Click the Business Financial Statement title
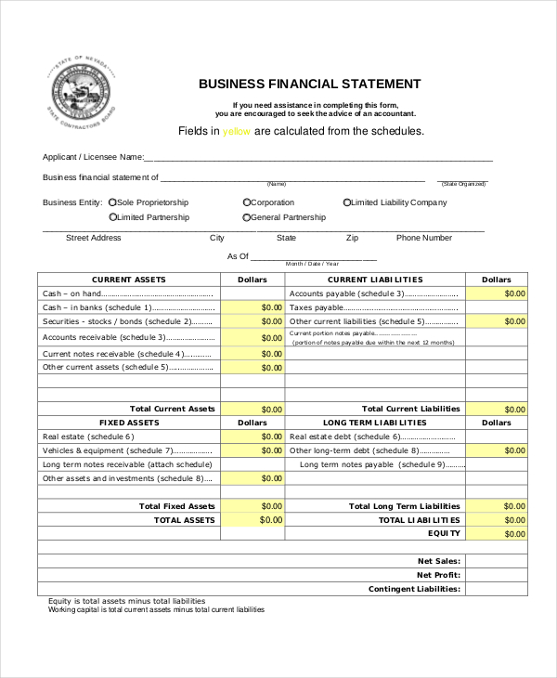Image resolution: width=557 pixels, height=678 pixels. click(x=309, y=84)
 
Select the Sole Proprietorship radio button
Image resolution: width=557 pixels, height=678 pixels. click(x=112, y=202)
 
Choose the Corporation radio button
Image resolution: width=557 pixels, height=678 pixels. click(x=247, y=202)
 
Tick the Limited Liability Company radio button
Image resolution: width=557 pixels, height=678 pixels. click(x=347, y=202)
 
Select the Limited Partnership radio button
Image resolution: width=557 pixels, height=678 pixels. click(x=112, y=217)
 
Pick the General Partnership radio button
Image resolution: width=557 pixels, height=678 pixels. click(x=247, y=217)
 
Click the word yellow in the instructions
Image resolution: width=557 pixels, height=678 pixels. click(x=237, y=131)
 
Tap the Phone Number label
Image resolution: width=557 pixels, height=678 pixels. click(x=424, y=238)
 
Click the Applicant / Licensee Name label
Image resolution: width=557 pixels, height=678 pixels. click(x=94, y=157)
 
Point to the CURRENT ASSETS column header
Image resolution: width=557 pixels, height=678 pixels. click(x=129, y=280)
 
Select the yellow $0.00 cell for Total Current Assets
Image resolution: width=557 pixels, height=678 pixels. click(x=253, y=409)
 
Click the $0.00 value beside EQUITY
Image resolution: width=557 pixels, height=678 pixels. click(x=496, y=534)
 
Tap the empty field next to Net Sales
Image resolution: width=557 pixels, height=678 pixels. click(x=496, y=561)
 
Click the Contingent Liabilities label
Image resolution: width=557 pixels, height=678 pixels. click(x=414, y=589)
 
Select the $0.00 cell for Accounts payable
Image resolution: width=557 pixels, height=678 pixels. click(x=496, y=293)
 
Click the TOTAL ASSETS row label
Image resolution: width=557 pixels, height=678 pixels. click(x=184, y=520)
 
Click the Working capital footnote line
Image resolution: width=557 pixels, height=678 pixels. click(x=156, y=610)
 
